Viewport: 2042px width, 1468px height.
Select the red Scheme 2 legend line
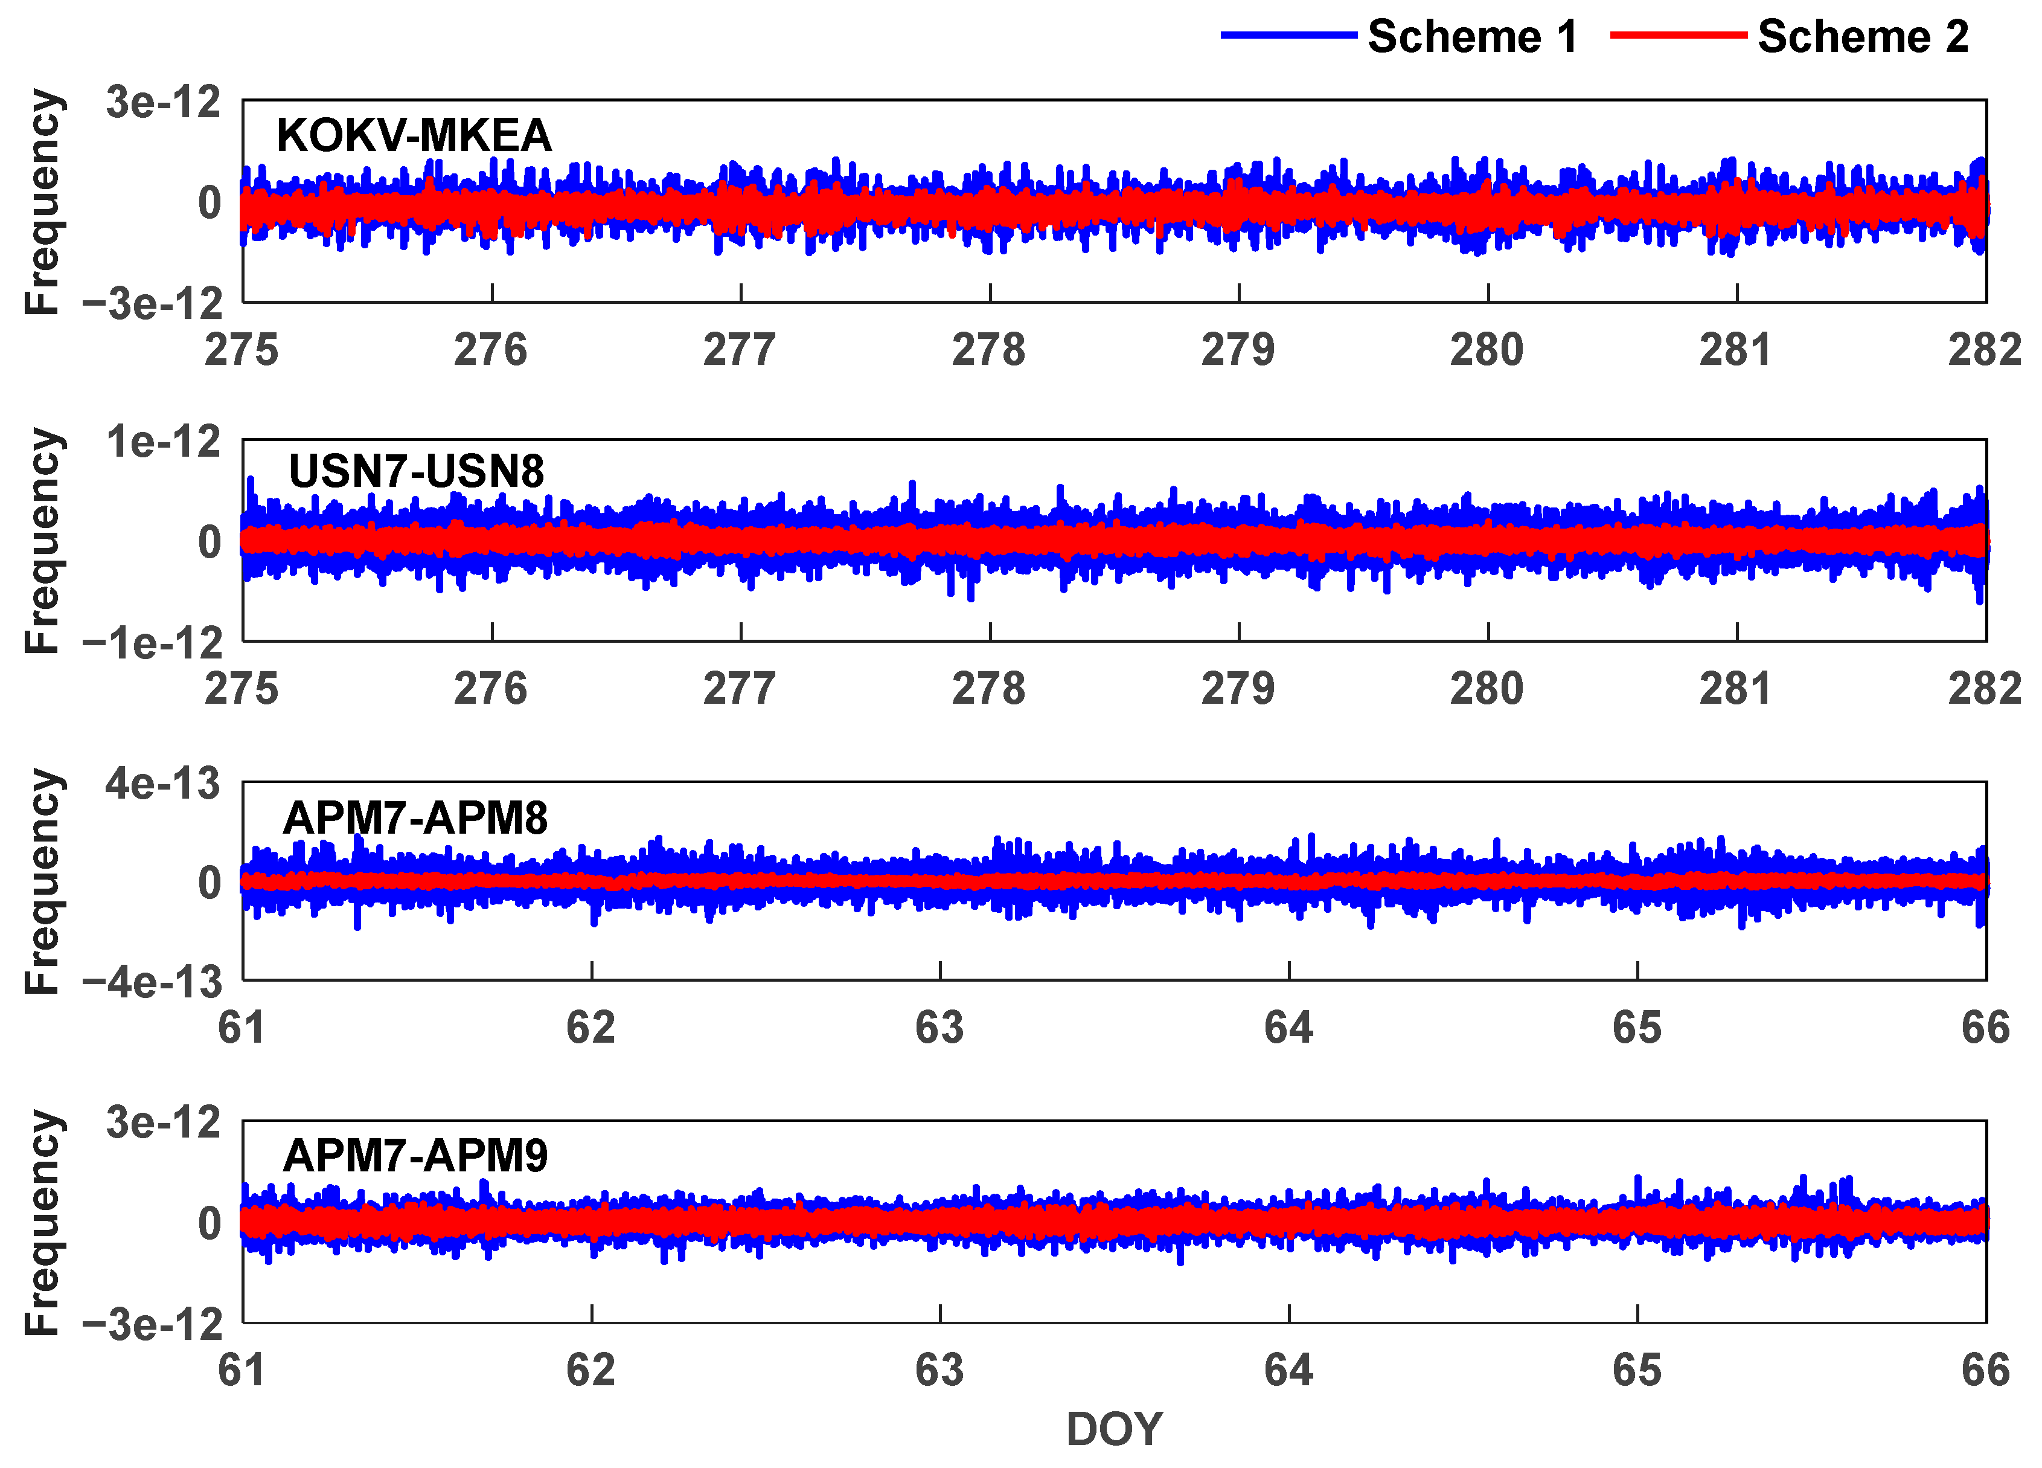click(1679, 35)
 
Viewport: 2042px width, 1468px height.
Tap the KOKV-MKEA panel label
click(413, 136)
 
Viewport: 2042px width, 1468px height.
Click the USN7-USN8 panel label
click(416, 472)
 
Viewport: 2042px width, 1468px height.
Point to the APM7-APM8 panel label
click(415, 819)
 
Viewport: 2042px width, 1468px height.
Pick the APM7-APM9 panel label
click(415, 1156)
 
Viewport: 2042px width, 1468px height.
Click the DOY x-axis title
click(1114, 1429)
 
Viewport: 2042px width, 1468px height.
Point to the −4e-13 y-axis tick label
click(152, 982)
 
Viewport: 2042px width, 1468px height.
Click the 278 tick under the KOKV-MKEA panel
click(988, 349)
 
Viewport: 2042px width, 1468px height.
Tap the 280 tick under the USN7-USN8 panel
click(1487, 689)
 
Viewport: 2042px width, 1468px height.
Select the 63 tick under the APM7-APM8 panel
click(939, 1028)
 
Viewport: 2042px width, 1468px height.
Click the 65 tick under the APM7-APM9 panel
click(1636, 1371)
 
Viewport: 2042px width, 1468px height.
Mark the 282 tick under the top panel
click(1985, 349)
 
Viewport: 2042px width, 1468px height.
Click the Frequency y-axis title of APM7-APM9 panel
click(42, 1222)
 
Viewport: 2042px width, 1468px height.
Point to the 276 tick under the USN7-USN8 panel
click(491, 689)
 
